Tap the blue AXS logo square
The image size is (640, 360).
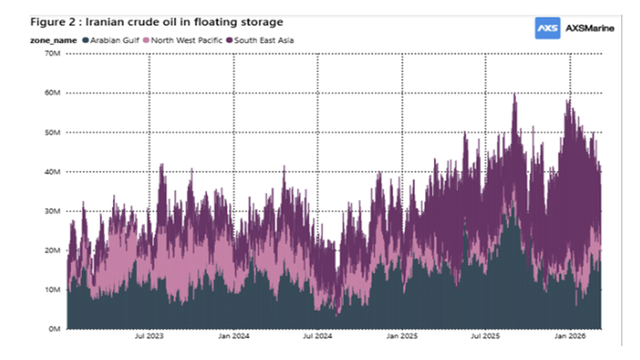click(x=547, y=28)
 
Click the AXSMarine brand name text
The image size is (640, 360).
click(x=589, y=28)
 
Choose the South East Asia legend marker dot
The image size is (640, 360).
click(x=230, y=40)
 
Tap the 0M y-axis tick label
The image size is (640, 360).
click(x=54, y=329)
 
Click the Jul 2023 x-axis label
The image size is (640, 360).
click(x=149, y=337)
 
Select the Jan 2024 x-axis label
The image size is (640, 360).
click(x=234, y=337)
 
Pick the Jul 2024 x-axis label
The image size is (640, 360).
click(x=318, y=337)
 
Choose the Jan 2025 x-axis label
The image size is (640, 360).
click(x=402, y=337)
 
